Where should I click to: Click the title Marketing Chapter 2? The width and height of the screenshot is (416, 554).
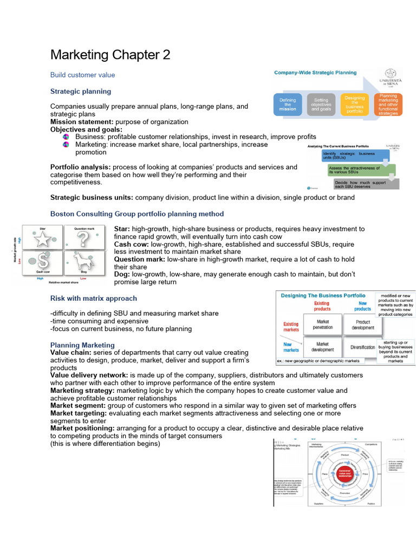110,55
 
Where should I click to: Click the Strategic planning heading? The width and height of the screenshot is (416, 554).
81,91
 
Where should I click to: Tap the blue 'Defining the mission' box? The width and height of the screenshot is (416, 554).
288,104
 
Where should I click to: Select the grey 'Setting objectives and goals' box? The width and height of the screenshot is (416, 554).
321,104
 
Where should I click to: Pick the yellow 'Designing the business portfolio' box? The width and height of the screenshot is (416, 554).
355,104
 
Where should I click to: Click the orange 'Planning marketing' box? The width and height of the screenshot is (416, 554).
388,104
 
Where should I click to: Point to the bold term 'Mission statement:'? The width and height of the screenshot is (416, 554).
81,122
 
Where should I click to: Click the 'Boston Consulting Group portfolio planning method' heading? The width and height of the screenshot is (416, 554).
137,214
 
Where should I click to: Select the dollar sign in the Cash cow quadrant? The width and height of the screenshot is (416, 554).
42,262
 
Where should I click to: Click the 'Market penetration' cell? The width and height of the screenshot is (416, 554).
323,325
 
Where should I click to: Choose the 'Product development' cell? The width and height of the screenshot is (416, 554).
362,325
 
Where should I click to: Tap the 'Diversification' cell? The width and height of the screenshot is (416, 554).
362,347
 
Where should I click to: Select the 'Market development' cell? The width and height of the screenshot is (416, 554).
323,347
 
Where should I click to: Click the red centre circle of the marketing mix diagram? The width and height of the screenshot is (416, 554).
345,473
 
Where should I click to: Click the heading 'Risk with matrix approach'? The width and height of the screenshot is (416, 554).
94,298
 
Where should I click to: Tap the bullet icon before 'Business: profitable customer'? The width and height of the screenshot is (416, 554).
66,137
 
